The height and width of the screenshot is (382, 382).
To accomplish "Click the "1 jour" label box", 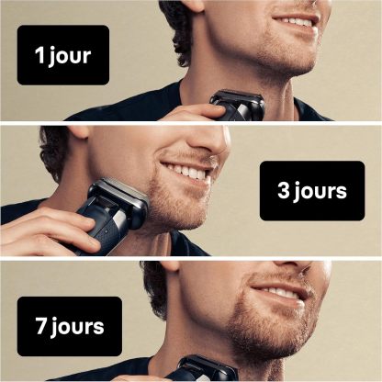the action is coord(63,55).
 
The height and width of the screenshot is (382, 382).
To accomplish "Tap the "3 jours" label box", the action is coord(312,191).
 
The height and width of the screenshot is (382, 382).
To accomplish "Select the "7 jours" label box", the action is coord(70,326).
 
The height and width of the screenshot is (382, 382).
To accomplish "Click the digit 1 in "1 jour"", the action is coord(39,55).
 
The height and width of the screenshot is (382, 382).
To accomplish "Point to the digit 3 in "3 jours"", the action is coord(284,190).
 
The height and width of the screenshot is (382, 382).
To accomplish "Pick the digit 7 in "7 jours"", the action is coord(41,326).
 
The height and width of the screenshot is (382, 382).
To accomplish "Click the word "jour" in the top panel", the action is coord(70,56).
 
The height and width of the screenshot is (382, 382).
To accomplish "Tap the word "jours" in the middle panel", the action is coord(320,192).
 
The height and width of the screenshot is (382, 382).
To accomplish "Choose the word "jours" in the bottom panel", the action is coord(78,328).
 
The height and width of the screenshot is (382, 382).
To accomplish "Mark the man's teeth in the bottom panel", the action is coord(279,293).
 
